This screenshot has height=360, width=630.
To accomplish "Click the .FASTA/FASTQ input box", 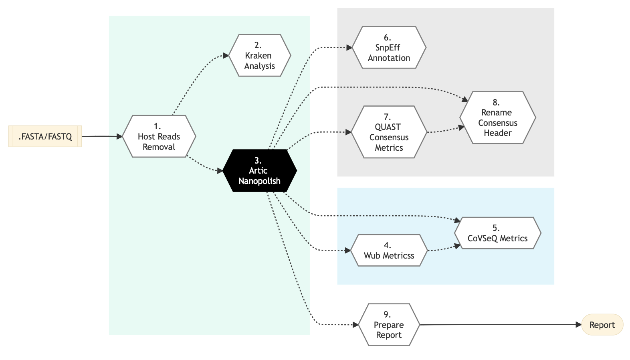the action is click(x=45, y=136).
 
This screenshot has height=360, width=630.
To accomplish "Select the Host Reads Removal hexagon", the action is click(x=159, y=136).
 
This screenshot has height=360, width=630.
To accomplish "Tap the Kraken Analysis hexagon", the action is click(x=260, y=55).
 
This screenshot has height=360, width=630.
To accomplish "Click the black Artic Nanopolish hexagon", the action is click(x=260, y=171).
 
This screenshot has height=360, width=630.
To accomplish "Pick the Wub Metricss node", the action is click(x=389, y=250).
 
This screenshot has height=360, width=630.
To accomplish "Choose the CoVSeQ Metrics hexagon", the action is click(x=497, y=233).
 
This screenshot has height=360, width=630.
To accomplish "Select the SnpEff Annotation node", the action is click(x=389, y=48).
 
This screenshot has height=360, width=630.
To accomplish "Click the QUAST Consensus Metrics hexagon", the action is click(x=389, y=132).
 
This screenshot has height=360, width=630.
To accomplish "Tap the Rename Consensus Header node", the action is click(x=497, y=117).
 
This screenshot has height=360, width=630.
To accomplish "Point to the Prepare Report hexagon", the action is click(x=389, y=325).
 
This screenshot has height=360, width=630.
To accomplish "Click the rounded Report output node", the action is click(x=602, y=325).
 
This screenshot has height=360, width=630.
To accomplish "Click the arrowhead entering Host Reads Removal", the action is click(x=119, y=136).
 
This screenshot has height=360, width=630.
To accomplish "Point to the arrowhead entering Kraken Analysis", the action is click(x=226, y=55).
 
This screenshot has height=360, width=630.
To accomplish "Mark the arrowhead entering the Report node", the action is click(x=579, y=325).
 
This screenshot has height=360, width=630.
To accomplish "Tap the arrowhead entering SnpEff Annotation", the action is click(x=349, y=48).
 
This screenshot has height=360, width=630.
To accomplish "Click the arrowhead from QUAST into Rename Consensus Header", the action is click(x=461, y=127).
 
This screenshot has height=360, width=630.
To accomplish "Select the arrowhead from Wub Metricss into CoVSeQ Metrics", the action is click(x=457, y=246).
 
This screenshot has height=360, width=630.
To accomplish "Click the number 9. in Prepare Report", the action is click(x=387, y=314).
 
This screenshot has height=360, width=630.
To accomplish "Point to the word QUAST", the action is click(x=388, y=127).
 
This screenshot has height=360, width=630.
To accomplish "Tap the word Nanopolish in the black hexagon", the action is click(x=260, y=181).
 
